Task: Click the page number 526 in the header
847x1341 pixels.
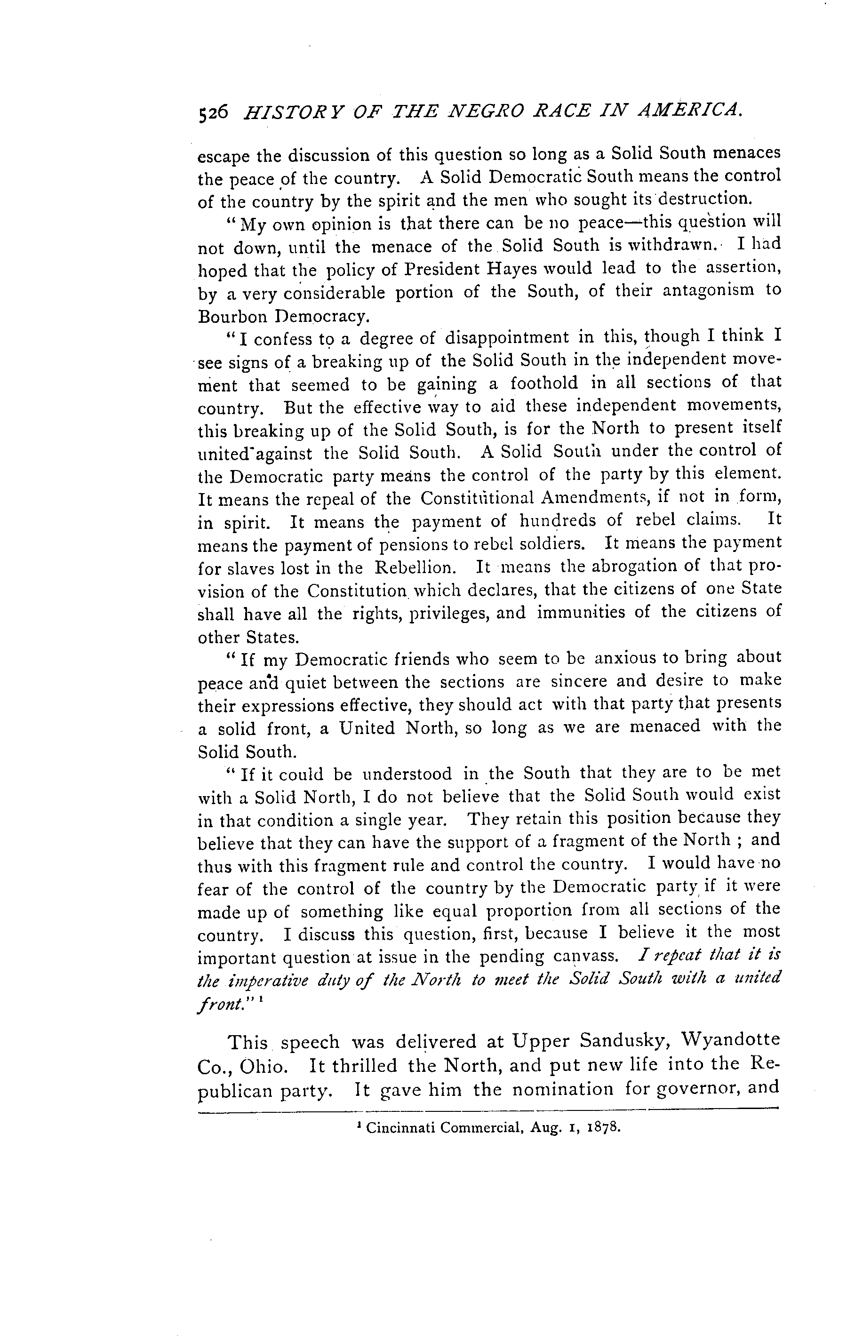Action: tap(213, 112)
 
